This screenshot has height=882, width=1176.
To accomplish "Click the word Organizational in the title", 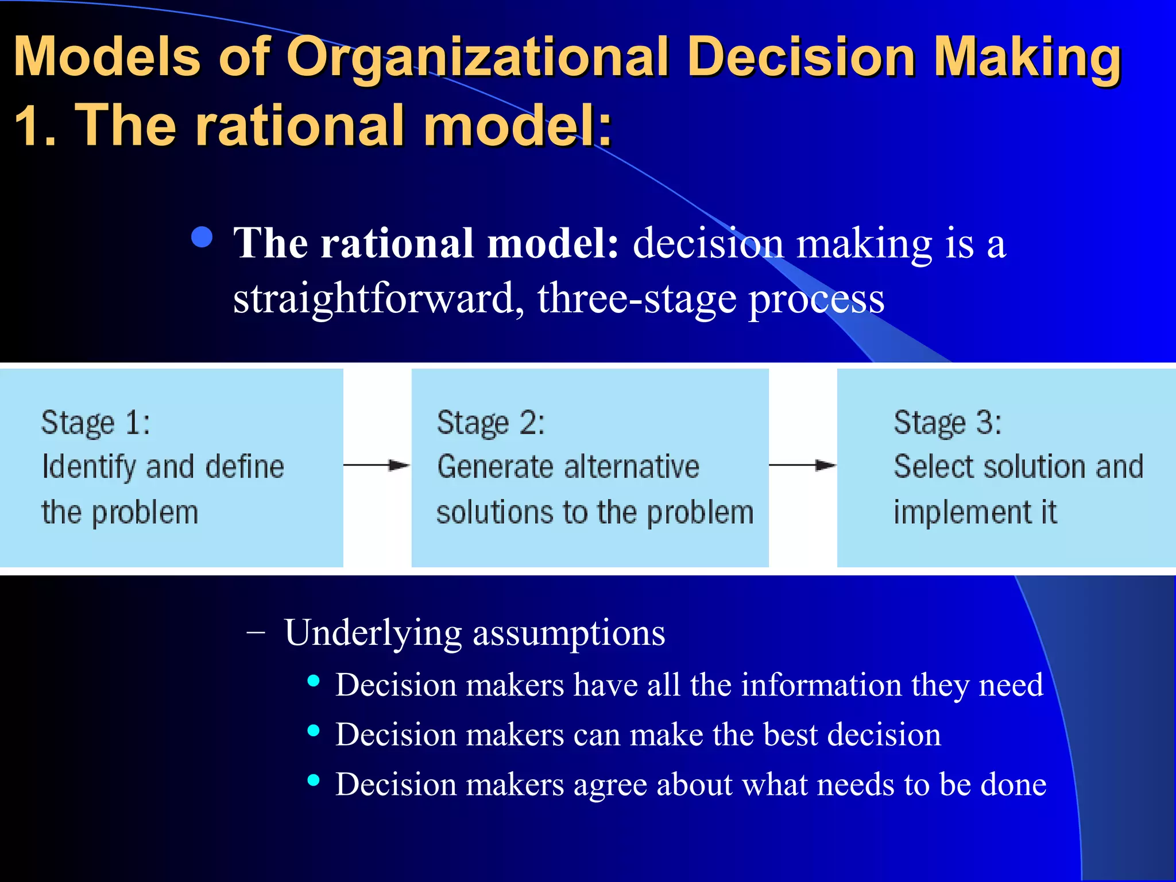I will tap(477, 57).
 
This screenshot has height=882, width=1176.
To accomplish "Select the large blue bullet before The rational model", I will tap(202, 237).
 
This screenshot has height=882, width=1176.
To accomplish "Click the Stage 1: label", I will tap(95, 424).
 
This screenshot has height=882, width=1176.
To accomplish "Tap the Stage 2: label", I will tap(490, 424).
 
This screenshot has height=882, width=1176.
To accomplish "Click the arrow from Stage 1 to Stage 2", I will tap(377, 465).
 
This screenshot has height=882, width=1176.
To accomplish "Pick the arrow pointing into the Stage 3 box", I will tap(803, 465).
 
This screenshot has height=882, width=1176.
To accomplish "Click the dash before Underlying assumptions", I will tap(255, 632).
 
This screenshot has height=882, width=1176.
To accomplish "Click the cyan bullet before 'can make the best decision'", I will tap(314, 731).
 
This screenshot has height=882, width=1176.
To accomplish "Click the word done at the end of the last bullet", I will tap(1013, 784).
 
